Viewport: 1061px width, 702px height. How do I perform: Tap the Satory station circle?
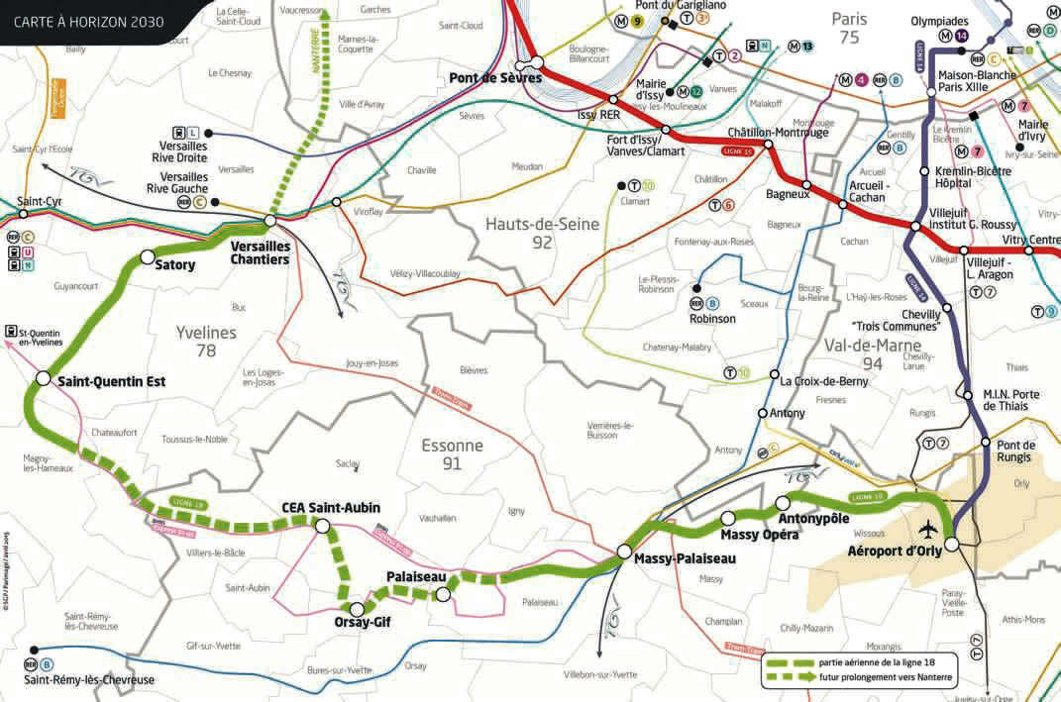coord(148,257)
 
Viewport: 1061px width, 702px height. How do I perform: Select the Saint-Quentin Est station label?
coord(111,380)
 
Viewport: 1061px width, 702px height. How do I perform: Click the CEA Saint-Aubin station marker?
coord(323,527)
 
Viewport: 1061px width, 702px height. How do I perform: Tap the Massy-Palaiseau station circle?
coord(625,552)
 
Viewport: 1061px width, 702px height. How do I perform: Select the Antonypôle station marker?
coord(782,502)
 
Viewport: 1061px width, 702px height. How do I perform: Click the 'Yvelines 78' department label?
coord(205,341)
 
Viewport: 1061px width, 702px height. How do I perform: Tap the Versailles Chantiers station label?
coord(260,252)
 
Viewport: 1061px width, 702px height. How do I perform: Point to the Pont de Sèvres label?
coord(481,78)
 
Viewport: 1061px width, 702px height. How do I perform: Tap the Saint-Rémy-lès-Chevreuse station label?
coord(89,680)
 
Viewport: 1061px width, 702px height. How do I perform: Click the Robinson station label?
coord(713,319)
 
